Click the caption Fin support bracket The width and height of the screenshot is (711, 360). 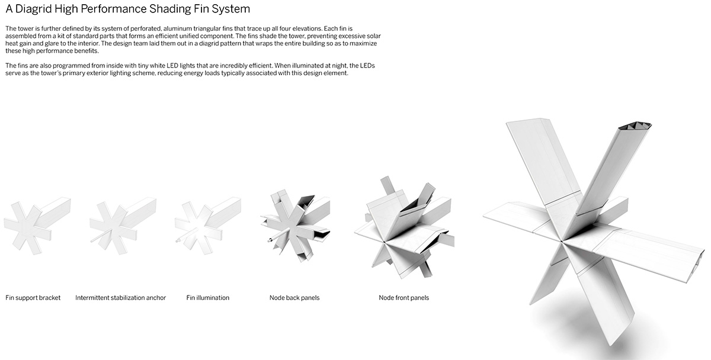click(33, 298)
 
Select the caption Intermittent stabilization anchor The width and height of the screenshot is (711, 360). click(121, 298)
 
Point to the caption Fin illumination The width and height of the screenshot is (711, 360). click(207, 298)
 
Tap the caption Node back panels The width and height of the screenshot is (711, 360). click(294, 298)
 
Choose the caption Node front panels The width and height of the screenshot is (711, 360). click(403, 298)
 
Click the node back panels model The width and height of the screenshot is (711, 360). click(295, 225)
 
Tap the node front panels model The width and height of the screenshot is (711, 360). click(404, 228)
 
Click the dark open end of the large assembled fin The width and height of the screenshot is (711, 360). click(635, 126)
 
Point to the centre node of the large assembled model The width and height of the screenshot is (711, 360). click(562, 242)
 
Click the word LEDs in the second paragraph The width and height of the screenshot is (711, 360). click(367, 66)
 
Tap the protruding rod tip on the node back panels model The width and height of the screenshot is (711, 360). click(270, 240)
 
